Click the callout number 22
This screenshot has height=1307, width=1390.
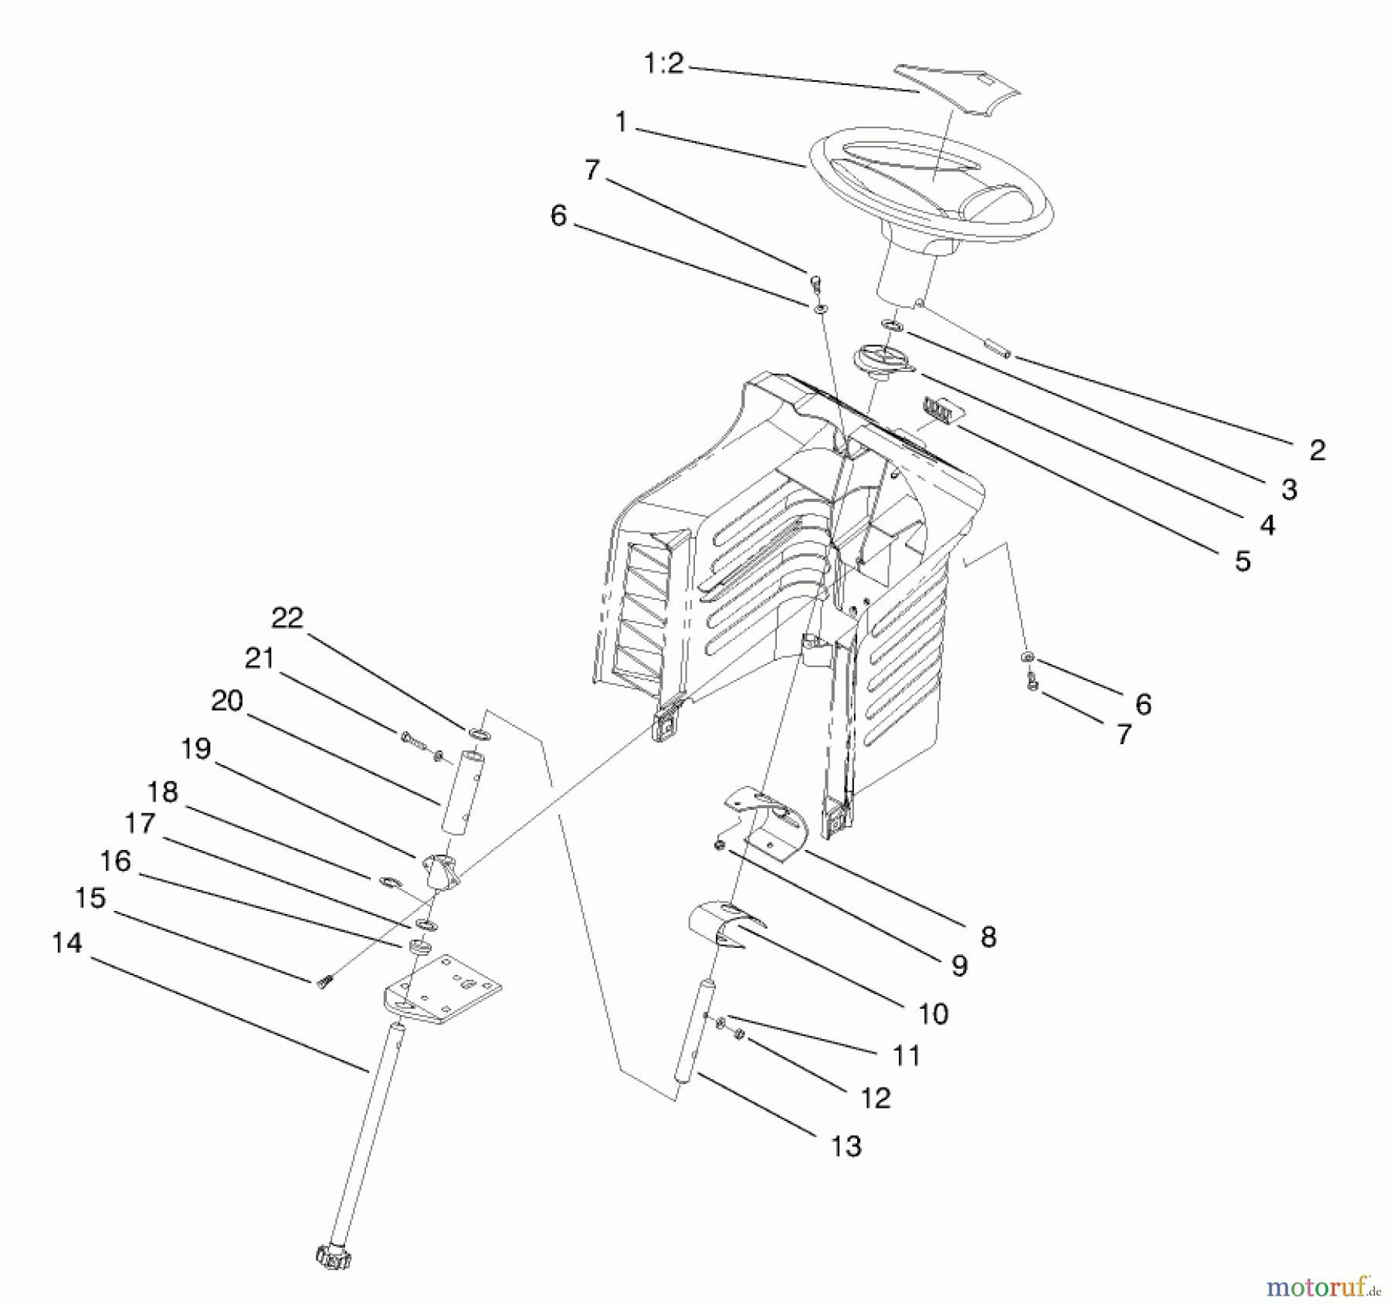[x=287, y=618]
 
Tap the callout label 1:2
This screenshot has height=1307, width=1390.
[x=663, y=63]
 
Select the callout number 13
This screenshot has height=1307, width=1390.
[x=846, y=1146]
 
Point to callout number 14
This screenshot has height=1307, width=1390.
[x=67, y=943]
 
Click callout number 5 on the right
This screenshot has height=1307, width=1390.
[x=1242, y=561]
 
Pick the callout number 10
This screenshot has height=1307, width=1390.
[x=933, y=1014]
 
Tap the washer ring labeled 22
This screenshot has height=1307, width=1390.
[x=479, y=733]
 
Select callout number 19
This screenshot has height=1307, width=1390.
[x=196, y=749]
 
